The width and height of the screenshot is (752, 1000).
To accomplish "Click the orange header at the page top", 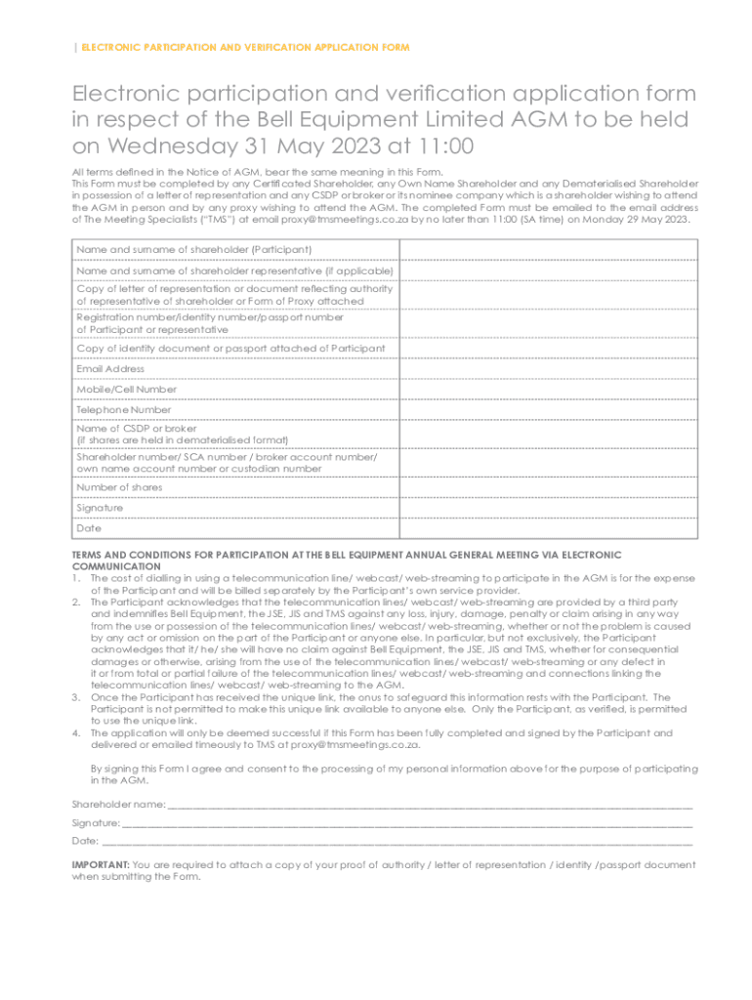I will click(244, 48).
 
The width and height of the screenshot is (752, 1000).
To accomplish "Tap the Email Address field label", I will click(110, 369).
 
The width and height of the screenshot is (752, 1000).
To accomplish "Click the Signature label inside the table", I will click(100, 508).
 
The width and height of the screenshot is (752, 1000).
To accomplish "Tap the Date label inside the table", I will click(88, 528).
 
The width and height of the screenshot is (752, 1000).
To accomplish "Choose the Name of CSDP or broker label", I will click(137, 428).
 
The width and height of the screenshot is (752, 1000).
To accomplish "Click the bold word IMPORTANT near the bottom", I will click(100, 865).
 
